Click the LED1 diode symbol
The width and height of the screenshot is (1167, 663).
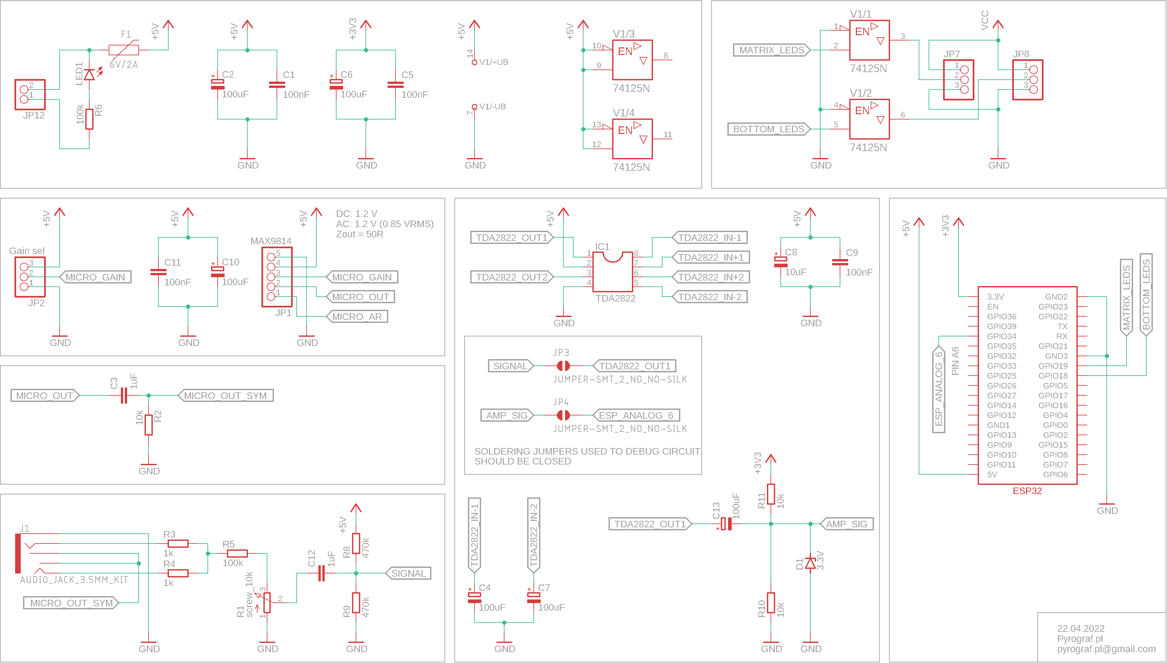[89, 74]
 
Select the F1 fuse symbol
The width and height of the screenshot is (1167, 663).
[124, 50]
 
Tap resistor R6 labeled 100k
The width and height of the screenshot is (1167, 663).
[89, 119]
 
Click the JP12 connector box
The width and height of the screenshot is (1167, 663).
[30, 94]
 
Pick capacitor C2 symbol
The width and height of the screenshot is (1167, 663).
[218, 84]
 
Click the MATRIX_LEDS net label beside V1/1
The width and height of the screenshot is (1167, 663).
[771, 50]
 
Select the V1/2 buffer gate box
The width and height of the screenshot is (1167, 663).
[869, 119]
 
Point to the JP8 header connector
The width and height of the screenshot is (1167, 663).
[1028, 80]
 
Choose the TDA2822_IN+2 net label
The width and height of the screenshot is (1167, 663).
[710, 277]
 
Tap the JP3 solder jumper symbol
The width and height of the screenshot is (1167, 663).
[563, 366]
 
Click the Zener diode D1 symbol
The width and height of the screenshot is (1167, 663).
[810, 564]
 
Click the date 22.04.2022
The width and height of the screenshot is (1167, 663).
[1080, 628]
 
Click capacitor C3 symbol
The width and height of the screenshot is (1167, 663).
[123, 395]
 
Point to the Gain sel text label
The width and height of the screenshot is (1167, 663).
[27, 251]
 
